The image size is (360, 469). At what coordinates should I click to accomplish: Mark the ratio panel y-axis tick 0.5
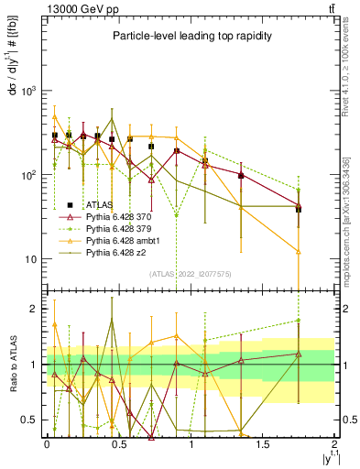(29, 420)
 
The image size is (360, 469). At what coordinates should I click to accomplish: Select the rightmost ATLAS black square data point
(299, 209)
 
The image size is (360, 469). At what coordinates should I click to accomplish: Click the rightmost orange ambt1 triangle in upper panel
(299, 251)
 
